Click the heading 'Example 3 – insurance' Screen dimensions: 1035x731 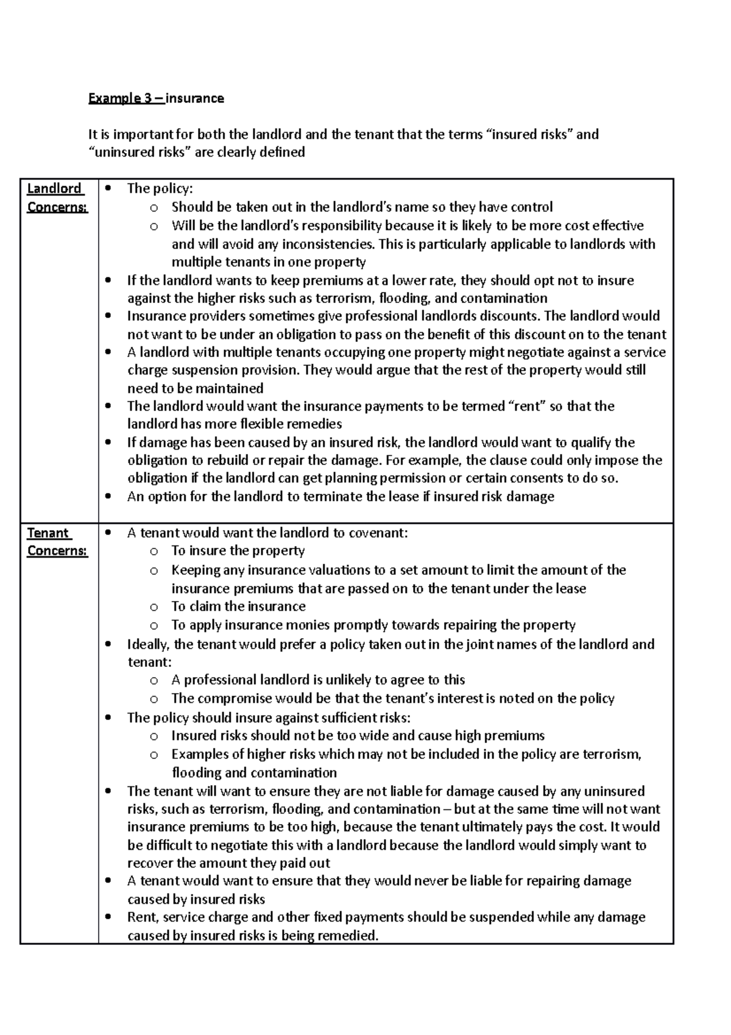point(156,98)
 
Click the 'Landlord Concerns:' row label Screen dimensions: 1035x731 point(57,197)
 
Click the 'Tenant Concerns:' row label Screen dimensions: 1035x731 point(57,541)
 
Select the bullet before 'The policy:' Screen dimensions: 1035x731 point(108,189)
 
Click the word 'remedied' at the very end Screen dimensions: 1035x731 point(353,936)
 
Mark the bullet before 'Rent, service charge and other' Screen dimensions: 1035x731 point(108,917)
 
